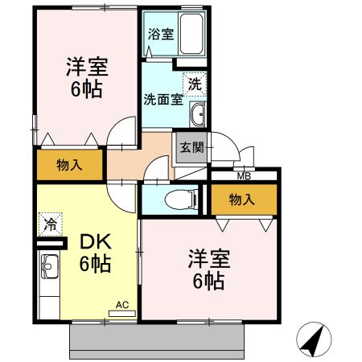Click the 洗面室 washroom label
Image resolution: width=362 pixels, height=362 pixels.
click(x=161, y=100)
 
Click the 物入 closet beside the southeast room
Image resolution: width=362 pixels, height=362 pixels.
click(x=242, y=199)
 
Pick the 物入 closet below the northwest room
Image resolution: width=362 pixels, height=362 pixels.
click(x=69, y=165)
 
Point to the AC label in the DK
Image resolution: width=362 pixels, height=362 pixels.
click(x=121, y=305)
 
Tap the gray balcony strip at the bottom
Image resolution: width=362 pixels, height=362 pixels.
click(x=157, y=341)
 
